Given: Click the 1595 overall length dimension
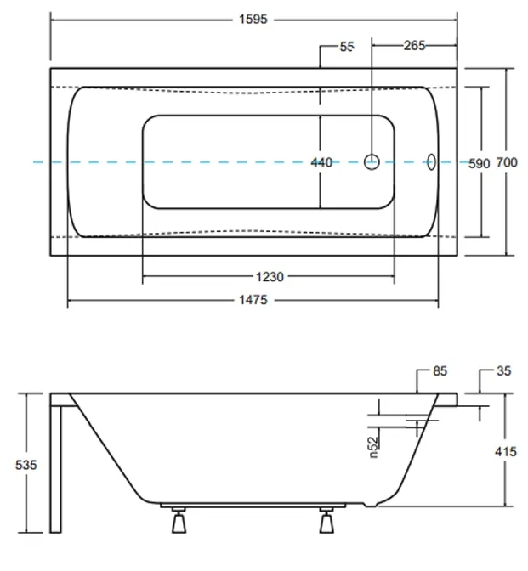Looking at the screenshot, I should click(253, 19).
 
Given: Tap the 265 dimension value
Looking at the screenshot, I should click(413, 46).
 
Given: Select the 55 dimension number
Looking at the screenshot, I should click(346, 47).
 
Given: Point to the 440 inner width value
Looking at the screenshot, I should click(321, 163).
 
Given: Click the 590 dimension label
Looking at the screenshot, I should click(480, 163).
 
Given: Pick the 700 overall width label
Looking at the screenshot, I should click(507, 163).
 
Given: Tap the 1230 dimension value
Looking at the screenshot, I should click(269, 276).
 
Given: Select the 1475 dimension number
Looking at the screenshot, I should click(253, 300).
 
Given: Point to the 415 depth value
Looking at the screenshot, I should click(505, 452).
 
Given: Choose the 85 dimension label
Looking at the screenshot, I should click(440, 371).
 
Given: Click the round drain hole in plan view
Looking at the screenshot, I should click(372, 161).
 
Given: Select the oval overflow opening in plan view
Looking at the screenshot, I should click(431, 161).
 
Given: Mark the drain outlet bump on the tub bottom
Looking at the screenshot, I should click(369, 505).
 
